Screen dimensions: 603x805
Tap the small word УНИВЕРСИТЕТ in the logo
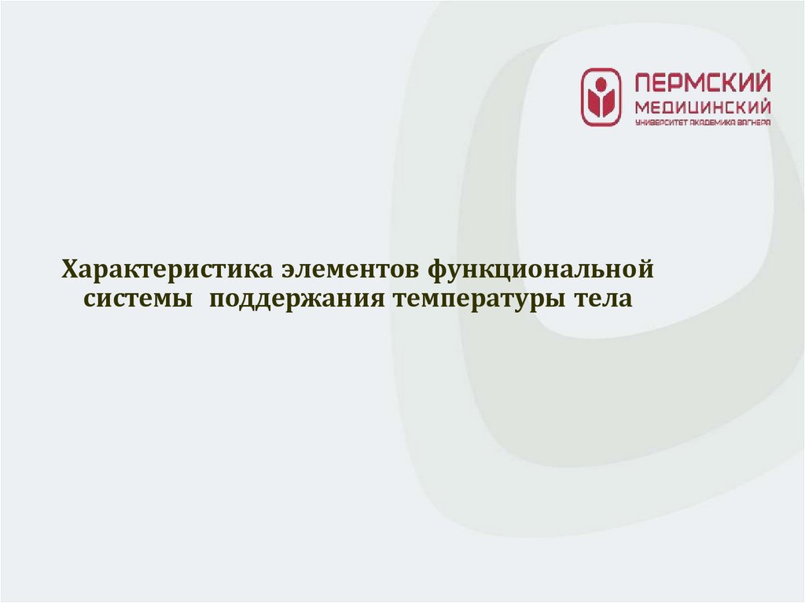[659, 123]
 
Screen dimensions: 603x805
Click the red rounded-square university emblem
[601, 97]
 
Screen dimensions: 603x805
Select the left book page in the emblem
[594, 101]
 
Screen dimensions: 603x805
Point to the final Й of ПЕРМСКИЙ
[762, 82]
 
